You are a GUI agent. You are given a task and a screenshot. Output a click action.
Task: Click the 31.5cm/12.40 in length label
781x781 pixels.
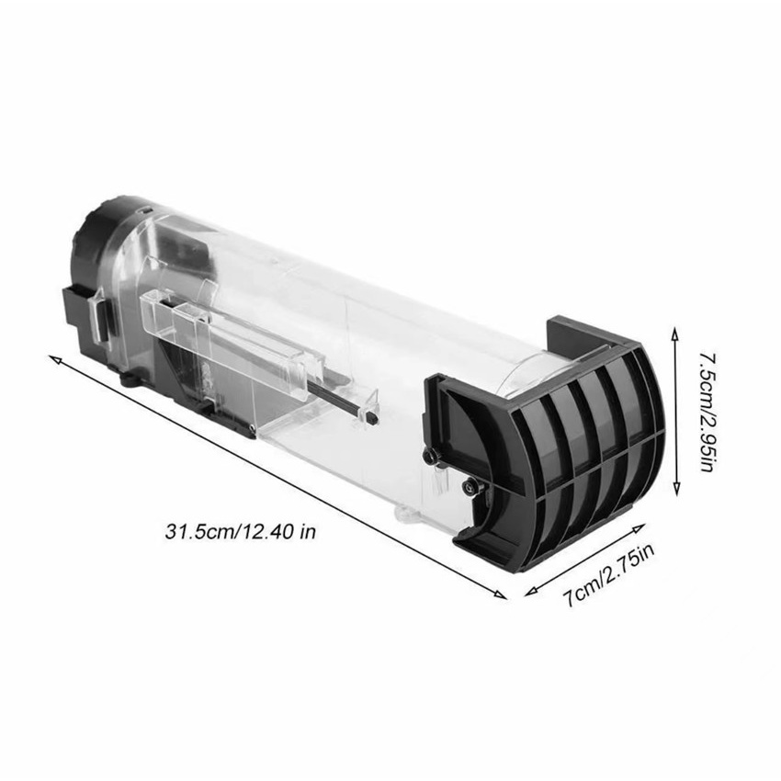point(240,531)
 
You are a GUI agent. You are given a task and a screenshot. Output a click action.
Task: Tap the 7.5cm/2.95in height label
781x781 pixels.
point(707,413)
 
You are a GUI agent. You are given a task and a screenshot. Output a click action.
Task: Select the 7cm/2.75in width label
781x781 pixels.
point(608,575)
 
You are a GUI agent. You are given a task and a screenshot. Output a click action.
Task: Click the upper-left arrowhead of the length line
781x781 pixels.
point(53,358)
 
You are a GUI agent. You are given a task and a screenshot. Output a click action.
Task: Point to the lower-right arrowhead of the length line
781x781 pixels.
point(501,594)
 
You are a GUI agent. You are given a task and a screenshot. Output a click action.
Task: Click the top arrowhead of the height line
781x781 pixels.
point(675,334)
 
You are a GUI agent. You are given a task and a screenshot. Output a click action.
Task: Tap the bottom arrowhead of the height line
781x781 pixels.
point(676,489)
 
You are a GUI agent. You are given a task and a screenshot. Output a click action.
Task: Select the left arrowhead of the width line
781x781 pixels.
point(531,592)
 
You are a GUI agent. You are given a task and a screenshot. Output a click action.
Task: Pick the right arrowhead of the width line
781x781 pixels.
point(640,526)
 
